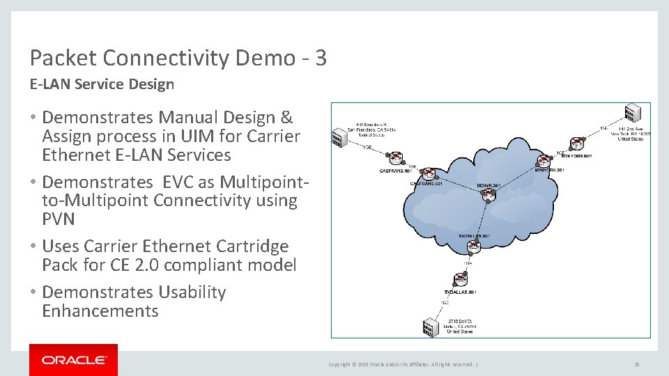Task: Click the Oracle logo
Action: pos(73,360)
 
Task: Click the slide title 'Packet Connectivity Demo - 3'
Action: pos(178,58)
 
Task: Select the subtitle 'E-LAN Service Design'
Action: pos(102,84)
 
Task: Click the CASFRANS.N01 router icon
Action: pos(396,158)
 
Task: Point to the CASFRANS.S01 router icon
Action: pos(429,173)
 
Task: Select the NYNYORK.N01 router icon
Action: pos(576,143)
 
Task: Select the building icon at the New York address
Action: pos(632,113)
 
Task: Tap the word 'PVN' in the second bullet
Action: pos(59,219)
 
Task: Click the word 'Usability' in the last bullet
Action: pos(192,292)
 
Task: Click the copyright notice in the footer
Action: pos(402,364)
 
